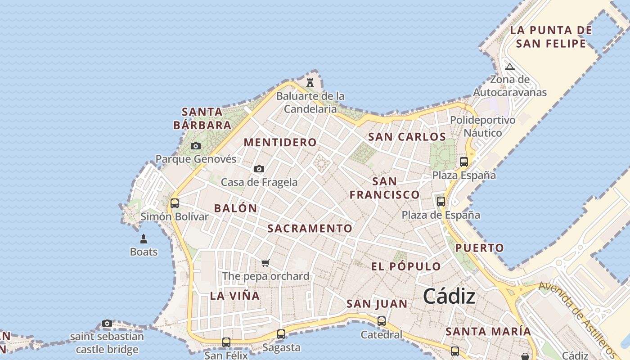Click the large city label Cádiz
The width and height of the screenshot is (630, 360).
click(x=449, y=296)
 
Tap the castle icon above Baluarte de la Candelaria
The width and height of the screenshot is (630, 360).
click(x=310, y=82)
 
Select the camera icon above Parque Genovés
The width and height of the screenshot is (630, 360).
click(x=196, y=146)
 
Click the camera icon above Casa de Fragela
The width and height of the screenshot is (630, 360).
click(x=259, y=169)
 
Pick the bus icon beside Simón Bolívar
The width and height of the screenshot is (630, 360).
click(x=175, y=203)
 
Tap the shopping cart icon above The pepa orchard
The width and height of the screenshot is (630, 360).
click(x=265, y=263)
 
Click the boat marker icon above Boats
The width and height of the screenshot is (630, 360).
click(x=144, y=238)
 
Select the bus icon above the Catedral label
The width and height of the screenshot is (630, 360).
click(x=382, y=321)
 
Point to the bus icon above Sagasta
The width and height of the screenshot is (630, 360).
click(x=281, y=334)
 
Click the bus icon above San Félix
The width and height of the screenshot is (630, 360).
click(x=226, y=342)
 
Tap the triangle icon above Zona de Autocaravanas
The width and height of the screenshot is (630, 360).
click(x=510, y=67)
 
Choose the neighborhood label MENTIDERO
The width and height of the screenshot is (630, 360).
click(x=280, y=142)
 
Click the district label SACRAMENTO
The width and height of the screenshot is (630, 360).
click(x=310, y=228)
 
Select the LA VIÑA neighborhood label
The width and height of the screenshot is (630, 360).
click(x=235, y=296)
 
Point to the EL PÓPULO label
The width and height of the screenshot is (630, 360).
click(x=406, y=266)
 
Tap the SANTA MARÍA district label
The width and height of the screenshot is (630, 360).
click(x=488, y=332)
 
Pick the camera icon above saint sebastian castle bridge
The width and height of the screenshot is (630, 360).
click(x=107, y=323)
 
